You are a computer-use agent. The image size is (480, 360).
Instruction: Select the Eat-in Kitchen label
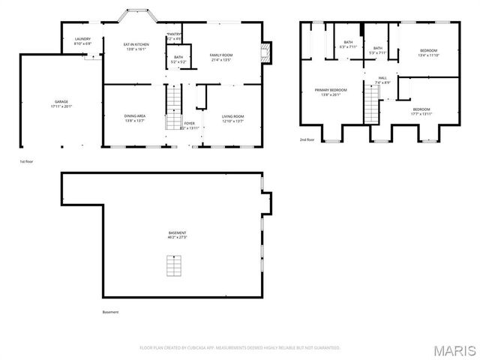tap(136, 46)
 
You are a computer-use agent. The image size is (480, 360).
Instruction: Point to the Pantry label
tap(173, 35)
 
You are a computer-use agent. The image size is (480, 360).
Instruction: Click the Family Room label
tap(222, 56)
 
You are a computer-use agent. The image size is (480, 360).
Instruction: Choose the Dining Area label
tap(135, 117)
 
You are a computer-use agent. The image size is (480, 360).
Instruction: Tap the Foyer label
tap(189, 125)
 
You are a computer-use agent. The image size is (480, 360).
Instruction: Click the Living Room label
tap(233, 118)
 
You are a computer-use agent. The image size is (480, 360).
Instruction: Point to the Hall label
tap(382, 79)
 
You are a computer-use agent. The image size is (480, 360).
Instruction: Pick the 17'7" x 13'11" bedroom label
tap(422, 112)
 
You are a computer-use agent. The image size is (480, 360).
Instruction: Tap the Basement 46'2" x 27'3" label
tap(177, 235)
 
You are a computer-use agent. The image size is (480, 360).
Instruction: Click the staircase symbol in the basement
tap(174, 265)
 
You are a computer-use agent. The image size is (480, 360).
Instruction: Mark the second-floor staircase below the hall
tap(371, 103)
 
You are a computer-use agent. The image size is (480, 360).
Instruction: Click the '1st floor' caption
tap(27, 160)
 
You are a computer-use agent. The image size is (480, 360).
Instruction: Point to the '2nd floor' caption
tap(307, 139)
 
